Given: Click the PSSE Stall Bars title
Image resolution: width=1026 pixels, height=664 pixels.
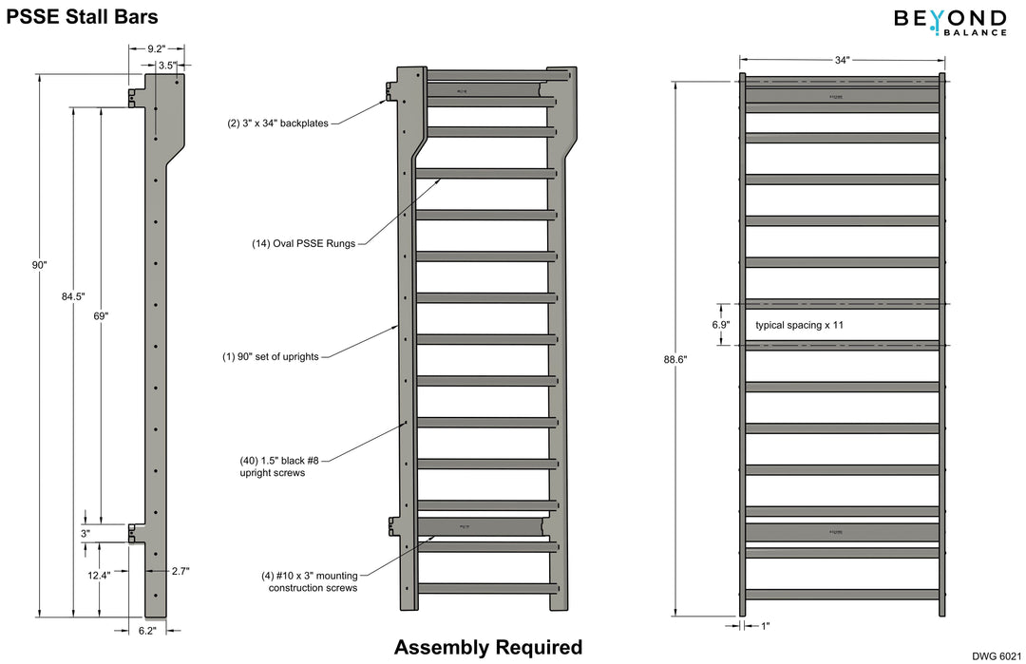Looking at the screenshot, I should click(83, 16).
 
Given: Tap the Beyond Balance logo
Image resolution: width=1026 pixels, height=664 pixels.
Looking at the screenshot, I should click(950, 22).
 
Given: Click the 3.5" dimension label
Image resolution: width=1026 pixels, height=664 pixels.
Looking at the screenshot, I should click(166, 66).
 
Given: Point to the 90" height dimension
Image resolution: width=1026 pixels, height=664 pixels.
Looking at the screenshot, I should click(39, 266).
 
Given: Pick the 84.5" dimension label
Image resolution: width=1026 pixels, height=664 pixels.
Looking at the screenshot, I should click(73, 296).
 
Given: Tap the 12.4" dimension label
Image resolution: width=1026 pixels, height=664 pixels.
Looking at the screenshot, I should click(99, 575).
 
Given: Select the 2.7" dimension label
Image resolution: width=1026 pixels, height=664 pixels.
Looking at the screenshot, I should click(180, 571).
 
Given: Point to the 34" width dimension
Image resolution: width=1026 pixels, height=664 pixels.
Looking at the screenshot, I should click(842, 60).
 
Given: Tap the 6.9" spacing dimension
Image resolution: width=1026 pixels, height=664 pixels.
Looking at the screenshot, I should click(720, 324).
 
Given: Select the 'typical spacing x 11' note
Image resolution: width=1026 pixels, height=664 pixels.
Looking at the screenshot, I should click(799, 325).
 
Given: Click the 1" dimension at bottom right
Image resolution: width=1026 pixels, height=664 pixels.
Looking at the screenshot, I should click(765, 626).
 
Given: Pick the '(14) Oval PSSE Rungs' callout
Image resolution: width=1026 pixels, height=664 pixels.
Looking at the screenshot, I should click(297, 243).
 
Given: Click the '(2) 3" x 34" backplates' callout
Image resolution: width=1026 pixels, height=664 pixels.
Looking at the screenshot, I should click(277, 123).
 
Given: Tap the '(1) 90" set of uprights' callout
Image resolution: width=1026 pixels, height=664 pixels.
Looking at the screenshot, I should click(271, 357).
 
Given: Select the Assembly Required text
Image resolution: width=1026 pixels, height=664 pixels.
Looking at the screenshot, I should click(488, 648).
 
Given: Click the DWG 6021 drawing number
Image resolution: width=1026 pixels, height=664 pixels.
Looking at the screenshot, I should click(997, 655).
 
